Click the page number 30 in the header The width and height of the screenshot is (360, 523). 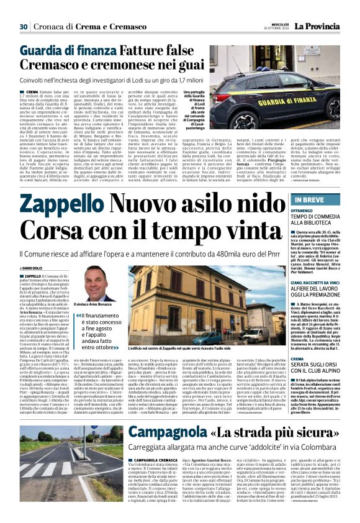24,26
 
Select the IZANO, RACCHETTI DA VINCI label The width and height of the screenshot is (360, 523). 318,282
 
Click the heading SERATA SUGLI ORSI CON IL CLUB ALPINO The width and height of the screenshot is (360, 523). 316,366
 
